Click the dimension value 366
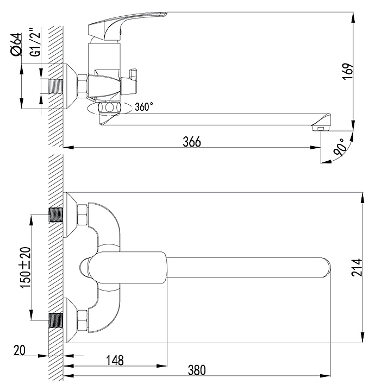pyautogui.click(x=192, y=142)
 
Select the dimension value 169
pyautogui.click(x=348, y=71)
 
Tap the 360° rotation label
pyautogui.click(x=143, y=107)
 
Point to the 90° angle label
pyautogui.click(x=341, y=147)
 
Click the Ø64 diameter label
pyautogui.click(x=16, y=45)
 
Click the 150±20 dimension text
pyautogui.click(x=26, y=268)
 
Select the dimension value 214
pyautogui.click(x=357, y=267)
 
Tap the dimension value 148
pyautogui.click(x=115, y=361)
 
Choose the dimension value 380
pyautogui.click(x=197, y=370)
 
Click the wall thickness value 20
pyautogui.click(x=20, y=350)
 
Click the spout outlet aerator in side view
pyautogui.click(x=321, y=128)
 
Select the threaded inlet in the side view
pyautogui.click(x=55, y=86)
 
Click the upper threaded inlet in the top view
pyautogui.click(x=56, y=215)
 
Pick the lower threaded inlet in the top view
pyautogui.click(x=56, y=320)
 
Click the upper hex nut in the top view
pyautogui.click(x=83, y=215)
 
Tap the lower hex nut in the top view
pyautogui.click(x=83, y=321)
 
